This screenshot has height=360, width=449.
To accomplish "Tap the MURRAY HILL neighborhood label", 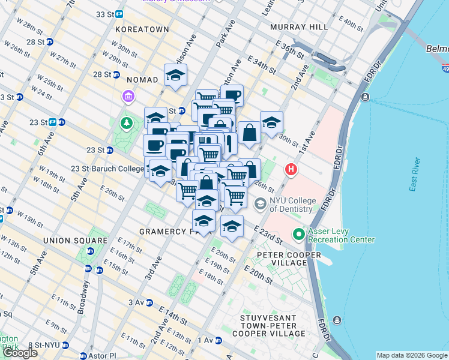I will tap(299, 27).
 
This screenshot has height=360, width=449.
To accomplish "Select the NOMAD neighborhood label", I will tap(142, 79).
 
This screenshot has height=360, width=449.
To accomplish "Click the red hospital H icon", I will tap(292, 170).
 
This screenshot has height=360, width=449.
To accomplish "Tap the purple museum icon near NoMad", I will tap(128, 96).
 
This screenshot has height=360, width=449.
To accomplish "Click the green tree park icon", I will tap(127, 124).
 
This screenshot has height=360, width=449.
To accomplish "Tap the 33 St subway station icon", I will tap(119, 14).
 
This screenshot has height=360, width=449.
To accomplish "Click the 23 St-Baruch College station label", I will tap(107, 169).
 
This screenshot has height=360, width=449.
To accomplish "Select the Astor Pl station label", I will tap(100, 356).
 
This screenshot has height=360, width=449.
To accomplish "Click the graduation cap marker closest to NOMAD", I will tap(175, 75).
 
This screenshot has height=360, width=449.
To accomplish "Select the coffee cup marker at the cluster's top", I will tap(232, 95).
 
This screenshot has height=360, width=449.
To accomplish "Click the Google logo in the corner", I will tap(20, 353).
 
